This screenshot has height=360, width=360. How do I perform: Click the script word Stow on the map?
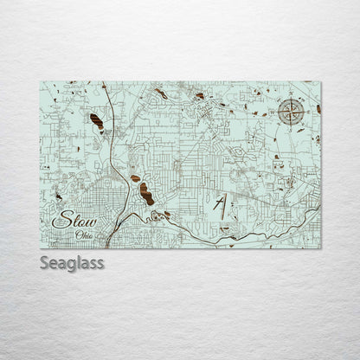tap(74, 222)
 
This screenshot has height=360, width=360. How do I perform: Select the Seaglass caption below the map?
tap(72, 262)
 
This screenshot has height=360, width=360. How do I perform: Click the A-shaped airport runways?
tap(221, 208)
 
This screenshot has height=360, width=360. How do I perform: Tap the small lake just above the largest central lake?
tap(135, 178)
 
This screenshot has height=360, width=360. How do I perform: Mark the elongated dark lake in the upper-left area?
tap(96, 122)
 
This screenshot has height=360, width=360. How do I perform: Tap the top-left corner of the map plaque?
tap(40, 82)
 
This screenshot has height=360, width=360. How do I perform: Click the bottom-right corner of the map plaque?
tap(320, 248)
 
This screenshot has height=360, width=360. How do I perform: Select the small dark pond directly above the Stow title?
tap(58, 197)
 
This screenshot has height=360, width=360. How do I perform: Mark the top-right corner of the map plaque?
tap(320, 82)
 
